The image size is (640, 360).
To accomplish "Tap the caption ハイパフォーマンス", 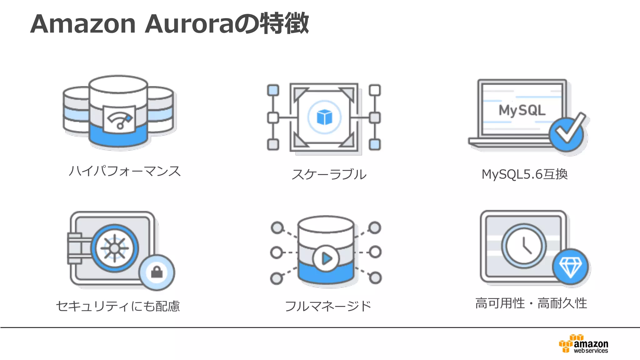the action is [x=125, y=171].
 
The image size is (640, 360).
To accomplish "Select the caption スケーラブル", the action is [x=329, y=174].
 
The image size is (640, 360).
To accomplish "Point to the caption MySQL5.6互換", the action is [x=524, y=174].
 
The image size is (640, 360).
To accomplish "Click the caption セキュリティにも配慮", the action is [x=118, y=306].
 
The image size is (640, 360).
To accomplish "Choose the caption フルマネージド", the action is [x=328, y=306].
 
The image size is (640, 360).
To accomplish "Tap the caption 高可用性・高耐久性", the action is [x=531, y=303].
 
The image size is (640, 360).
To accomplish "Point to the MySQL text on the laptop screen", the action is [x=522, y=110].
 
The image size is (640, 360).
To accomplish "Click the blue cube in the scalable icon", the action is [x=324, y=117].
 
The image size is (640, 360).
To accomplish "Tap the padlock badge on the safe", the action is [x=157, y=272].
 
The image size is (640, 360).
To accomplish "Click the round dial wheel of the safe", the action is [x=115, y=248].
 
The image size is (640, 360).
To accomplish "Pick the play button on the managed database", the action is [x=326, y=258].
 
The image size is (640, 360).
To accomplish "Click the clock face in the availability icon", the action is [x=524, y=246].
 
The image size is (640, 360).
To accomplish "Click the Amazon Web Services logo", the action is [x=584, y=344].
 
